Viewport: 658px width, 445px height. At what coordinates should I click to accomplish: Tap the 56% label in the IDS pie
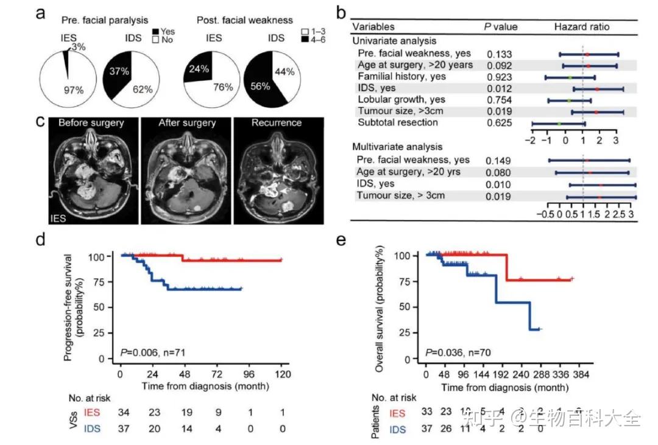[x=260, y=86]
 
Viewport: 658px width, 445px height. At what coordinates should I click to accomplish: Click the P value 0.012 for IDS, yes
[x=499, y=88]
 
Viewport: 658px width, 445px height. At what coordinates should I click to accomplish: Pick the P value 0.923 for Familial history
[x=499, y=77]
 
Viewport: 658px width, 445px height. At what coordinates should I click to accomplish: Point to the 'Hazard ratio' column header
[x=581, y=27]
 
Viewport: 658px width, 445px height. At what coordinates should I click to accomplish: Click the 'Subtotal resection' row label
[x=398, y=122]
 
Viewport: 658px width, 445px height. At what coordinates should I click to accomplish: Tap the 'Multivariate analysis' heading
[x=397, y=147]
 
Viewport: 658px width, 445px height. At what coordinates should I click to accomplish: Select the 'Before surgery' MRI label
[x=91, y=122]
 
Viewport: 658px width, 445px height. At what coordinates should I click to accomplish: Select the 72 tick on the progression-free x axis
[x=216, y=374]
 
